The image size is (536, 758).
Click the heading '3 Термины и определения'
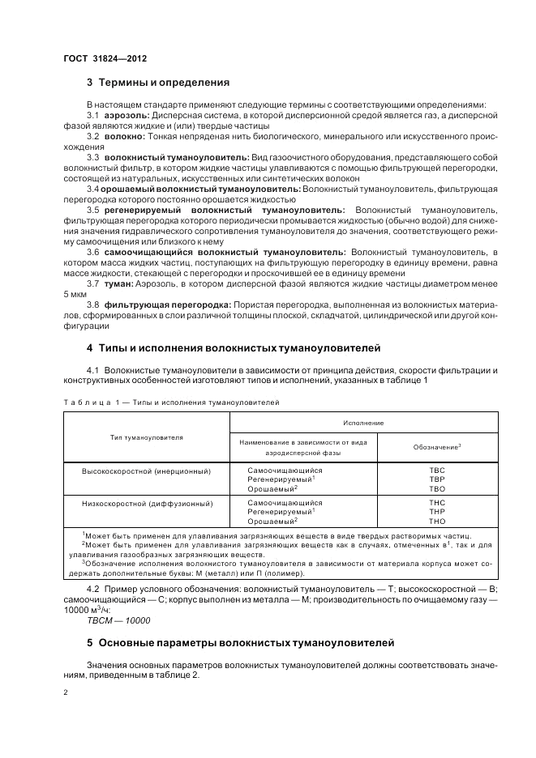point(158,83)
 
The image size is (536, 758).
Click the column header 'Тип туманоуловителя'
point(147,437)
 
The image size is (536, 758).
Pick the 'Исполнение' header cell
point(362,423)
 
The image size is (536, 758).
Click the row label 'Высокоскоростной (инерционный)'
point(147,471)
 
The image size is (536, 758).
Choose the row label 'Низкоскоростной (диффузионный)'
point(147,503)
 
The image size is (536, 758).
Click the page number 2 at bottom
point(66,694)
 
